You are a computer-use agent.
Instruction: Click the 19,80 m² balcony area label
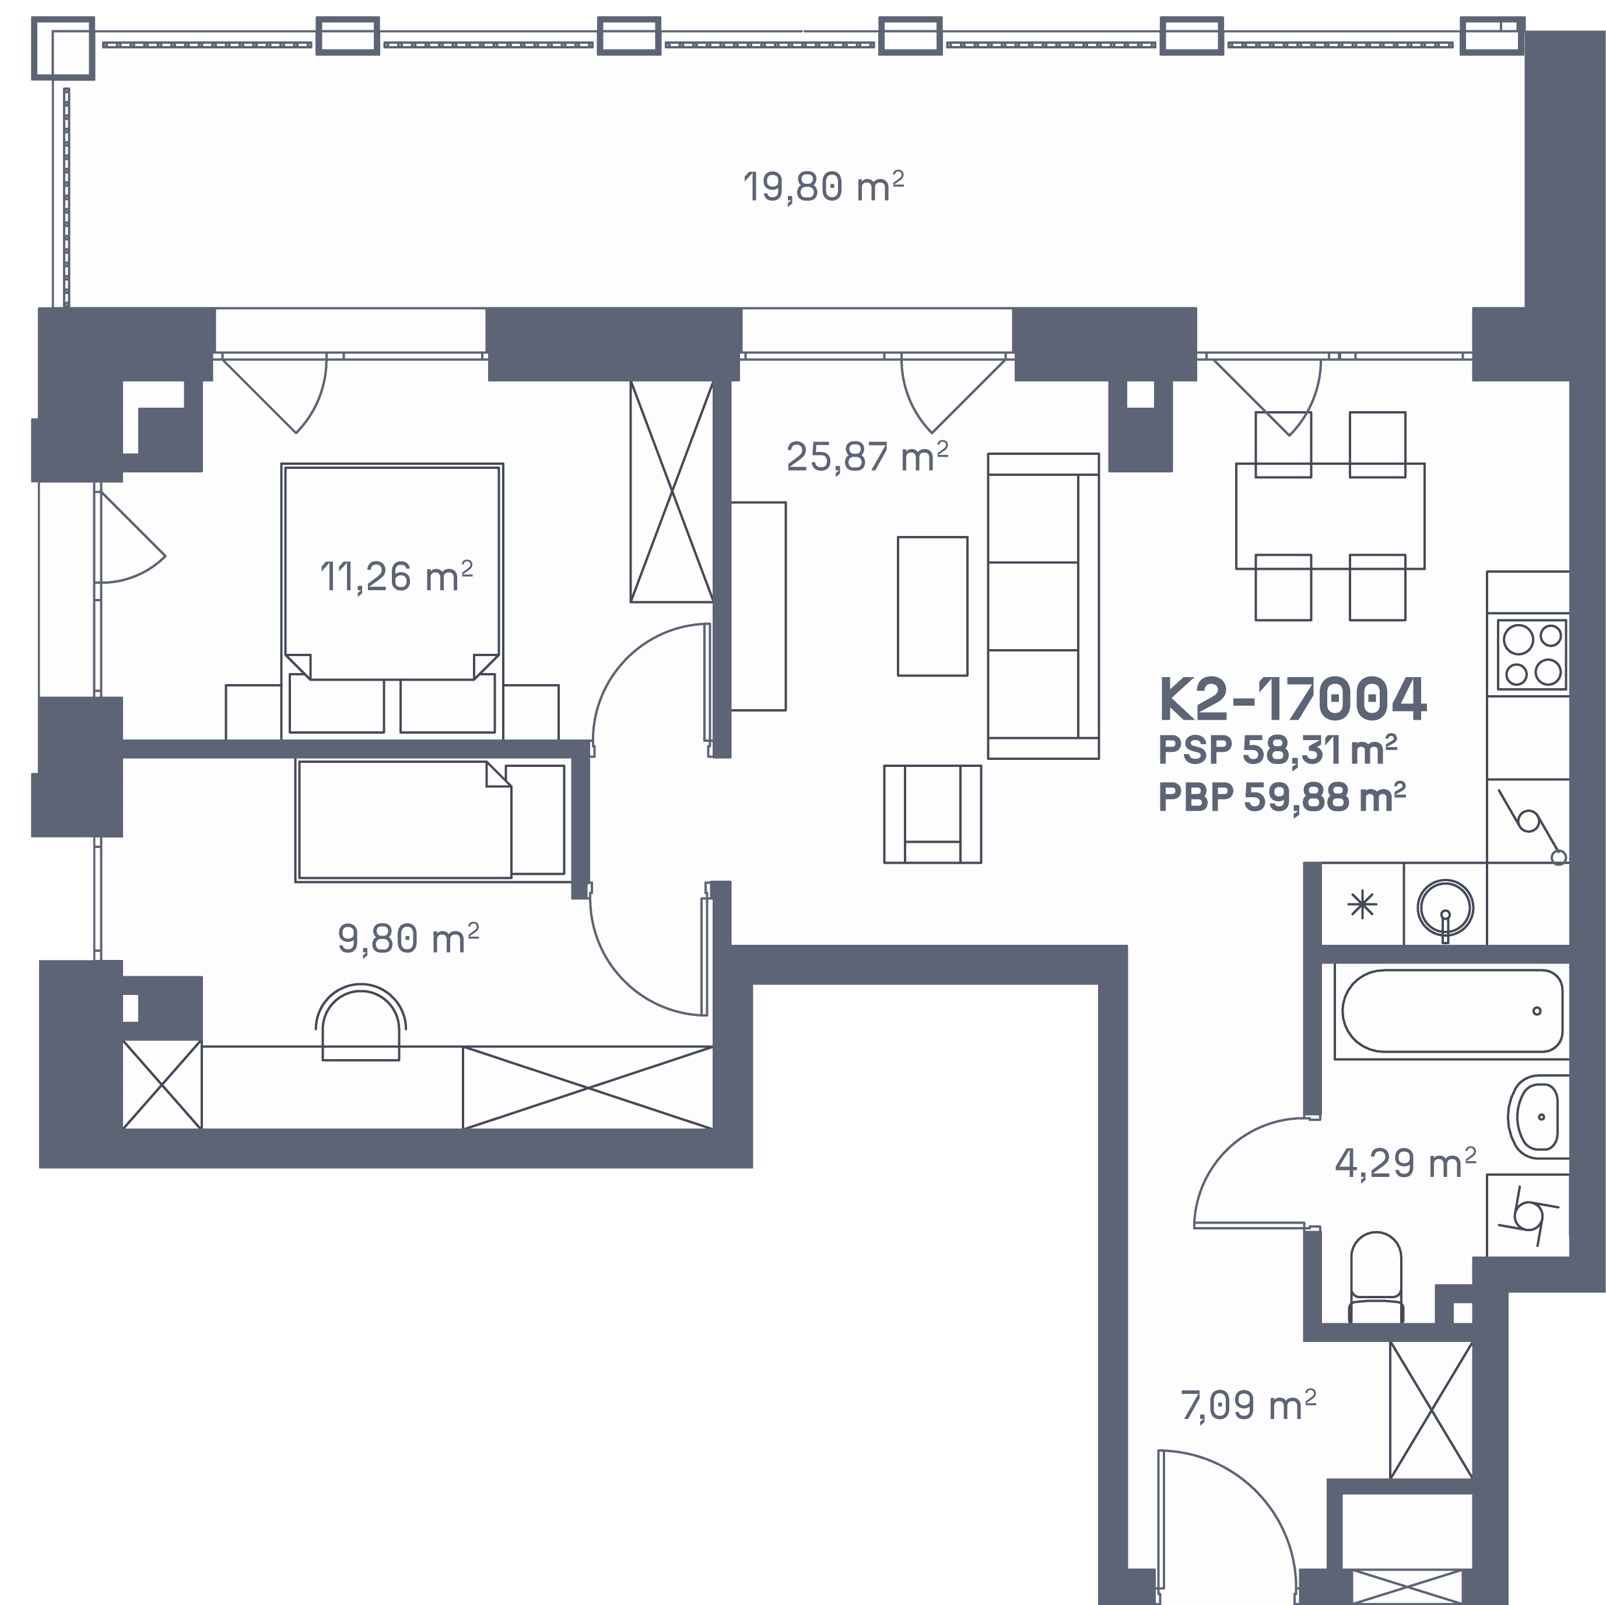point(823,187)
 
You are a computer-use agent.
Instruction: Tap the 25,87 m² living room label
point(867,456)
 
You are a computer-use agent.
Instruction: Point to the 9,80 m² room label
point(408,938)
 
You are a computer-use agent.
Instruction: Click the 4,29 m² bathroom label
point(1405,1163)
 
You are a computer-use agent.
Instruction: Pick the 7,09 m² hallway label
point(1249,1405)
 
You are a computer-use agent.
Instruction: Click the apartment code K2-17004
point(1293,699)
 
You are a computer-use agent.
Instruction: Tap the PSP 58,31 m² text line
point(1278,750)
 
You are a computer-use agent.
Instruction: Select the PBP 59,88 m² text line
point(1282,797)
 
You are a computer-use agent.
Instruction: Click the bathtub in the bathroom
point(1452,1011)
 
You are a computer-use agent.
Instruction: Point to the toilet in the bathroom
point(1376,1277)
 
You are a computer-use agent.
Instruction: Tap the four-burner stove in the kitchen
point(1532,654)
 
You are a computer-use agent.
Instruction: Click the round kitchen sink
point(1446,907)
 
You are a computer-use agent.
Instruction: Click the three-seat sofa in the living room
point(1043,606)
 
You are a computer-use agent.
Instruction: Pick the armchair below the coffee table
point(932,814)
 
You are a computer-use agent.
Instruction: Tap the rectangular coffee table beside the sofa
point(932,606)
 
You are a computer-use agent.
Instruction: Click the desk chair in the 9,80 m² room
point(361,1022)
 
